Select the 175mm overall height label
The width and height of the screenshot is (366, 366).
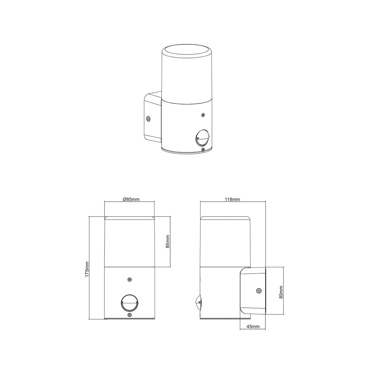click(x=87, y=269)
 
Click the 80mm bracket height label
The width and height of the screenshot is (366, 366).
click(x=281, y=297)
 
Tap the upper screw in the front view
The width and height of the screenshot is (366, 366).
click(x=130, y=279)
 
